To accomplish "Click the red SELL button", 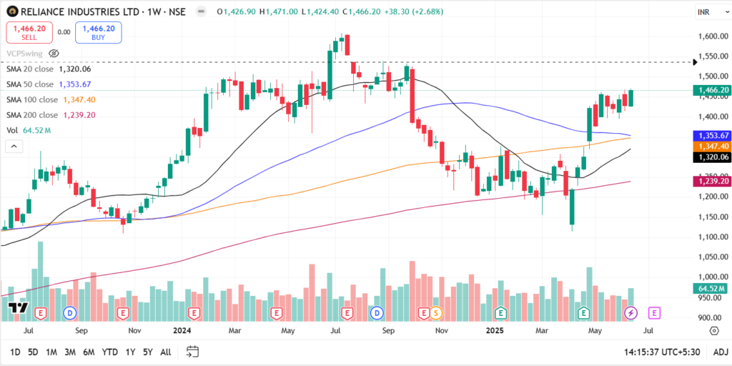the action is click(29, 32).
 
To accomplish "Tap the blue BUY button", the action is click(98, 32).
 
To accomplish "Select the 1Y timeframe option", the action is click(130, 352).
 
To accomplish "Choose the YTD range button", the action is click(109, 352).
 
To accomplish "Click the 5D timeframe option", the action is click(33, 352).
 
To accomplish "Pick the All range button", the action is click(165, 352).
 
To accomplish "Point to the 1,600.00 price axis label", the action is click(713, 36).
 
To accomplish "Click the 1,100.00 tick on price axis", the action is click(713, 237).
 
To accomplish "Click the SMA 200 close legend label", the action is click(32, 115).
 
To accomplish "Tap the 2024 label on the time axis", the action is click(181, 331).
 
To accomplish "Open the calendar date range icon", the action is click(192, 352).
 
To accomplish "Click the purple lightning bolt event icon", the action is click(631, 313).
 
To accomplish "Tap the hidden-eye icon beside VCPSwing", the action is click(54, 53).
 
